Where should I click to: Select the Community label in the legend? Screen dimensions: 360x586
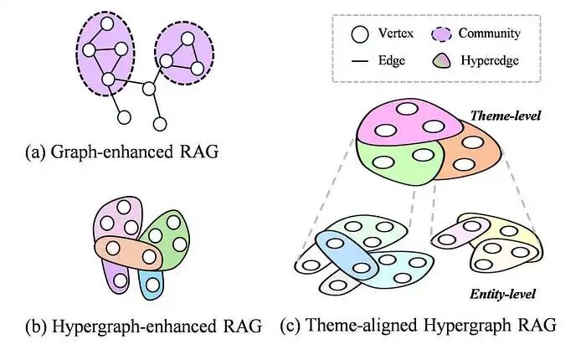click(494, 33)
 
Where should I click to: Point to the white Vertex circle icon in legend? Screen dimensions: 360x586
click(360, 33)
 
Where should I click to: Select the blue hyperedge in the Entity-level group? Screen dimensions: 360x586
click(343, 255)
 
